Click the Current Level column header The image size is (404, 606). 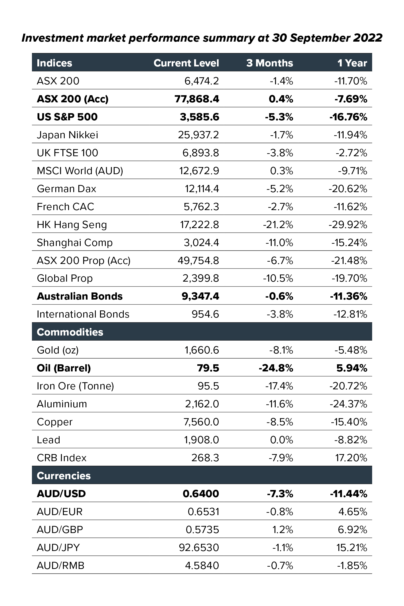click(x=186, y=63)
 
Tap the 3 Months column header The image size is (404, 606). click(x=269, y=63)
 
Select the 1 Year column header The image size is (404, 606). click(x=352, y=63)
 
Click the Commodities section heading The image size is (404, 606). click(x=70, y=332)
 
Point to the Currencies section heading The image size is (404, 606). click(x=64, y=476)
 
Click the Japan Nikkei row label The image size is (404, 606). click(x=67, y=135)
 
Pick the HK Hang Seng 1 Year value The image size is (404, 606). click(x=348, y=225)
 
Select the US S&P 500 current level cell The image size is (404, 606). click(x=199, y=117)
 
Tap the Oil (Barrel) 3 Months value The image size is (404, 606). click(x=276, y=368)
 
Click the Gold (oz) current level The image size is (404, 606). click(x=202, y=350)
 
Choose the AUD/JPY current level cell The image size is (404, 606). click(x=199, y=548)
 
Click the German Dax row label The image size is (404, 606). click(x=66, y=189)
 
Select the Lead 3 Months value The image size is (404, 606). click(x=281, y=440)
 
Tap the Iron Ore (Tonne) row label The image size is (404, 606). click(x=75, y=386)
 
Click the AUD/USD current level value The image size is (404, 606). click(x=201, y=494)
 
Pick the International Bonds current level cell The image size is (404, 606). click(x=205, y=314)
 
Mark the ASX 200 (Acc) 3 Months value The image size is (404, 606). click(x=281, y=99)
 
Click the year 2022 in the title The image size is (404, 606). click(x=368, y=38)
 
